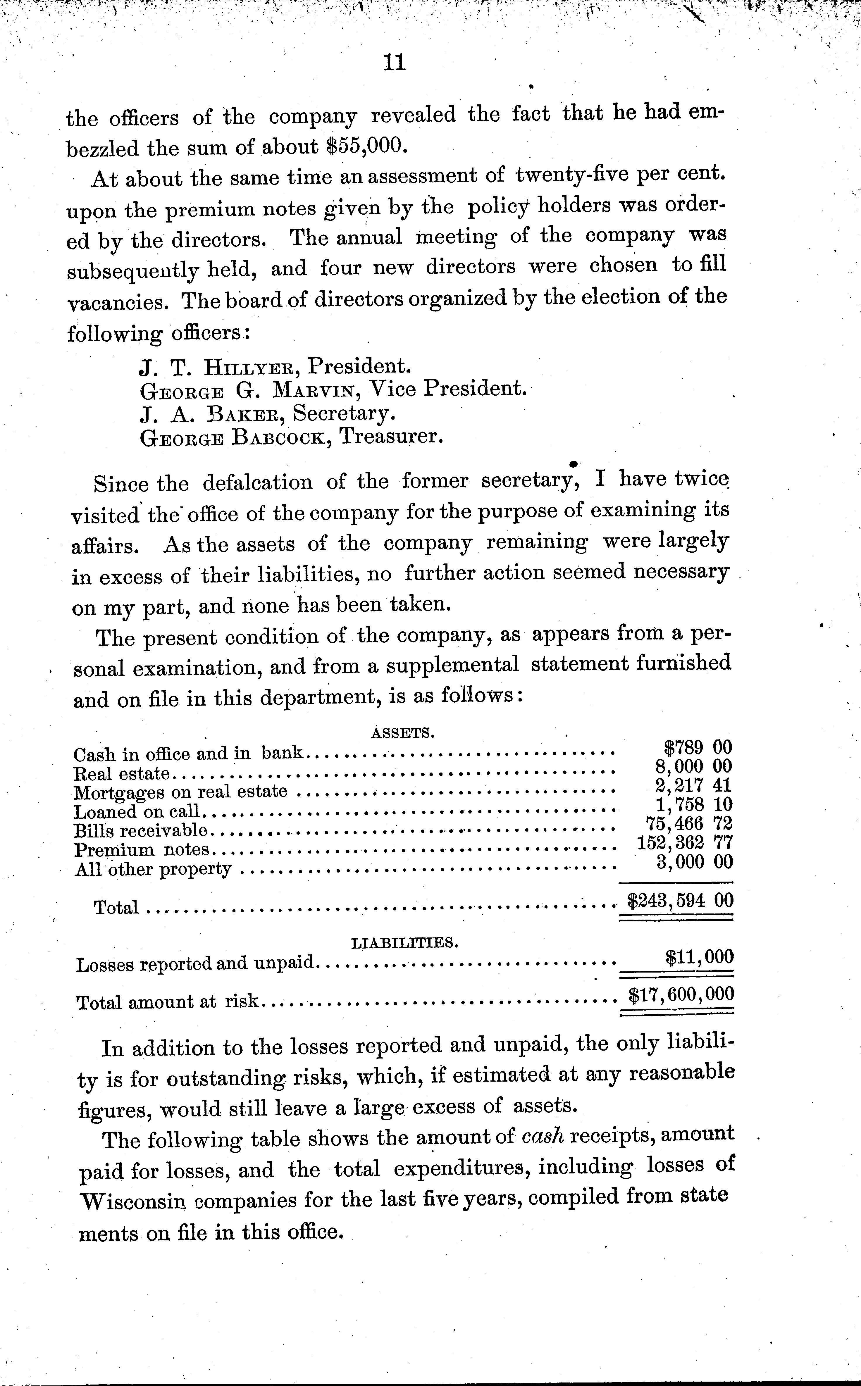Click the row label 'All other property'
tap(153, 869)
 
